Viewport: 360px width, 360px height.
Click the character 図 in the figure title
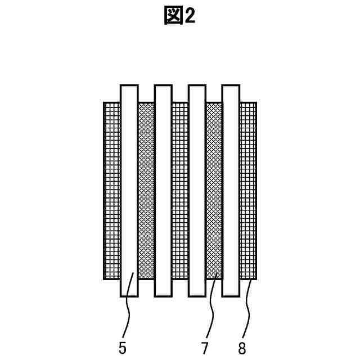[x=173, y=16]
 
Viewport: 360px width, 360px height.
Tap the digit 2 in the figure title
[x=189, y=16]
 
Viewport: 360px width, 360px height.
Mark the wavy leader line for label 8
[x=246, y=309]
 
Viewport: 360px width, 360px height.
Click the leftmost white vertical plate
[x=129, y=191]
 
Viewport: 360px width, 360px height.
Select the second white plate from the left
[x=163, y=191]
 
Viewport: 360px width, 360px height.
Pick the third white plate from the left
[x=197, y=191]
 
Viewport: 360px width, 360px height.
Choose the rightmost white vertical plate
[x=231, y=191]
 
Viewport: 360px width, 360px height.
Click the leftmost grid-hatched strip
[x=112, y=191]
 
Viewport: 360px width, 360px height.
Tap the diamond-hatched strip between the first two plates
[x=146, y=191]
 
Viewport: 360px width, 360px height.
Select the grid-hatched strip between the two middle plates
[x=180, y=191]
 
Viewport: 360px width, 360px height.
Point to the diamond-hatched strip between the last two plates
[x=214, y=191]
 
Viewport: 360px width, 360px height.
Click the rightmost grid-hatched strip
[x=248, y=191]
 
